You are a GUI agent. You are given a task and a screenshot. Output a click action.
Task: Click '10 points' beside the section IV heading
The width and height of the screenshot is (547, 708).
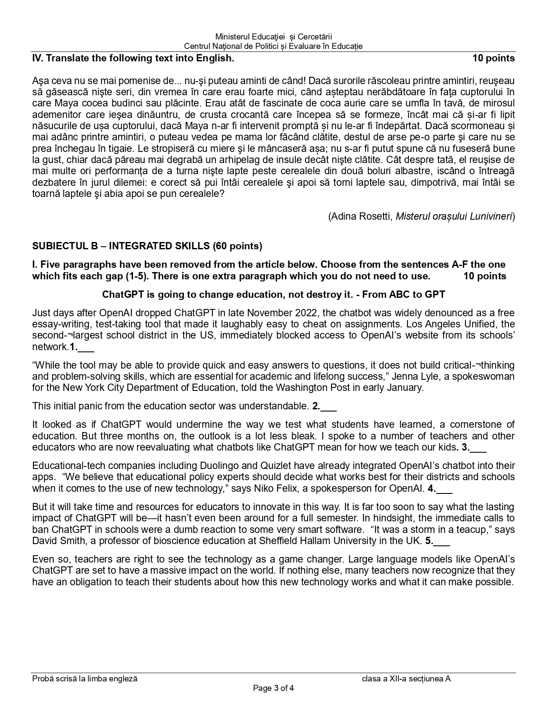click(493, 58)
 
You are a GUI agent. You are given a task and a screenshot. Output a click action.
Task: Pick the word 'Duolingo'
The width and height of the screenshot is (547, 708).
click(218, 466)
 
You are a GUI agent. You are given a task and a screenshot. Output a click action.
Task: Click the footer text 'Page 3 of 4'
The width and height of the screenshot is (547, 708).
click(273, 689)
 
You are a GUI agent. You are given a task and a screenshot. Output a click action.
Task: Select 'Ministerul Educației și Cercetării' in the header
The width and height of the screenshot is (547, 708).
click(273, 37)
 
